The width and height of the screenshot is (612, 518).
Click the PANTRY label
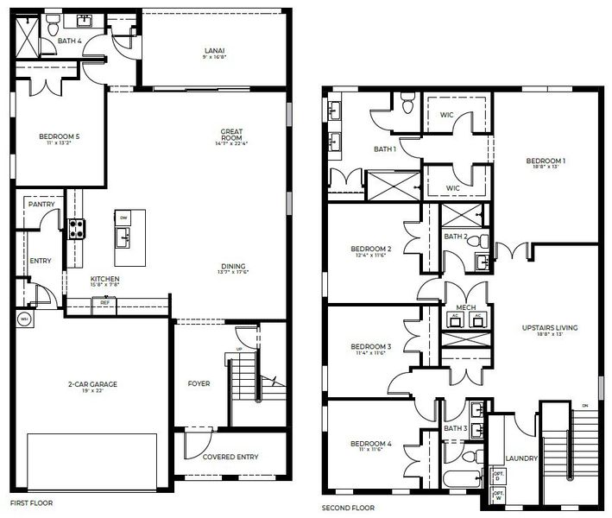41,205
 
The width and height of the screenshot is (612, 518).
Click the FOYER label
199,383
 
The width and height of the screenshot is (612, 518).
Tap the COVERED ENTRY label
230,457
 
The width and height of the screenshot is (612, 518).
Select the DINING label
233,266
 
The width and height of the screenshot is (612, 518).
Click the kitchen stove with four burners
77,228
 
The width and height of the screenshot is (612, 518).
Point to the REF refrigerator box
104,302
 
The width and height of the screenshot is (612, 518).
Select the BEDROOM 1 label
546,161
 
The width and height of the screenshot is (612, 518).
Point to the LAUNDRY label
521,458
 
